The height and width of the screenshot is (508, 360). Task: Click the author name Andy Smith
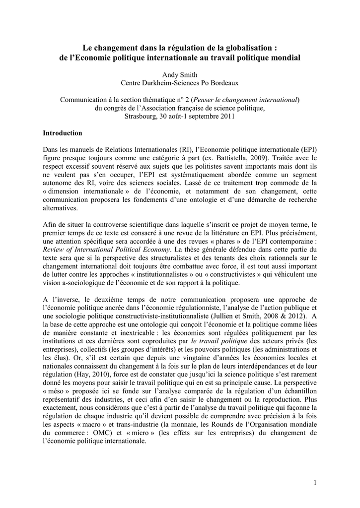click(180, 74)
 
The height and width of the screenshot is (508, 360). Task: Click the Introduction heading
click(63, 133)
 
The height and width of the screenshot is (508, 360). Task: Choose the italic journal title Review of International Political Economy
click(107, 250)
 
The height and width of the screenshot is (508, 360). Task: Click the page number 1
click(315, 483)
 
